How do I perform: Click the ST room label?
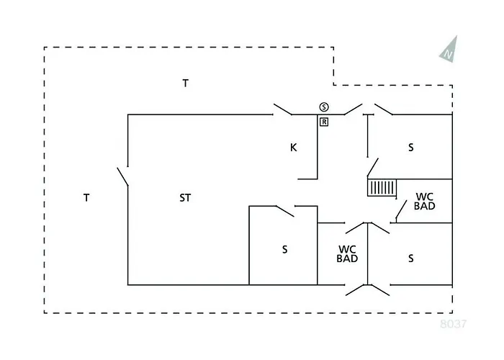185,197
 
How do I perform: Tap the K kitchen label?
293,148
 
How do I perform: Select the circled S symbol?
325,107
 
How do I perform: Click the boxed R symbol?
325,122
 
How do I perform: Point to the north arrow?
449,49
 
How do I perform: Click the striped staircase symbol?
382,188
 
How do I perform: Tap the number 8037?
454,324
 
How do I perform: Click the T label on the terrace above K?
185,83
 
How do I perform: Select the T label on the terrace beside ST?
86,197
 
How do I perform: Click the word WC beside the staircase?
425,196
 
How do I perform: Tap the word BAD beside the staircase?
425,206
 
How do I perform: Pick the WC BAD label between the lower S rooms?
348,253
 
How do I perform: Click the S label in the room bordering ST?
284,249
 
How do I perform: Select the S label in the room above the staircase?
411,148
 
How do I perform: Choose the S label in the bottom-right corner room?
411,257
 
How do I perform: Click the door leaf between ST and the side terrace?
122,177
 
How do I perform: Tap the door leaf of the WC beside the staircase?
399,211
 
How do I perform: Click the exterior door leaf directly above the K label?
282,110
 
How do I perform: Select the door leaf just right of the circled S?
352,109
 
